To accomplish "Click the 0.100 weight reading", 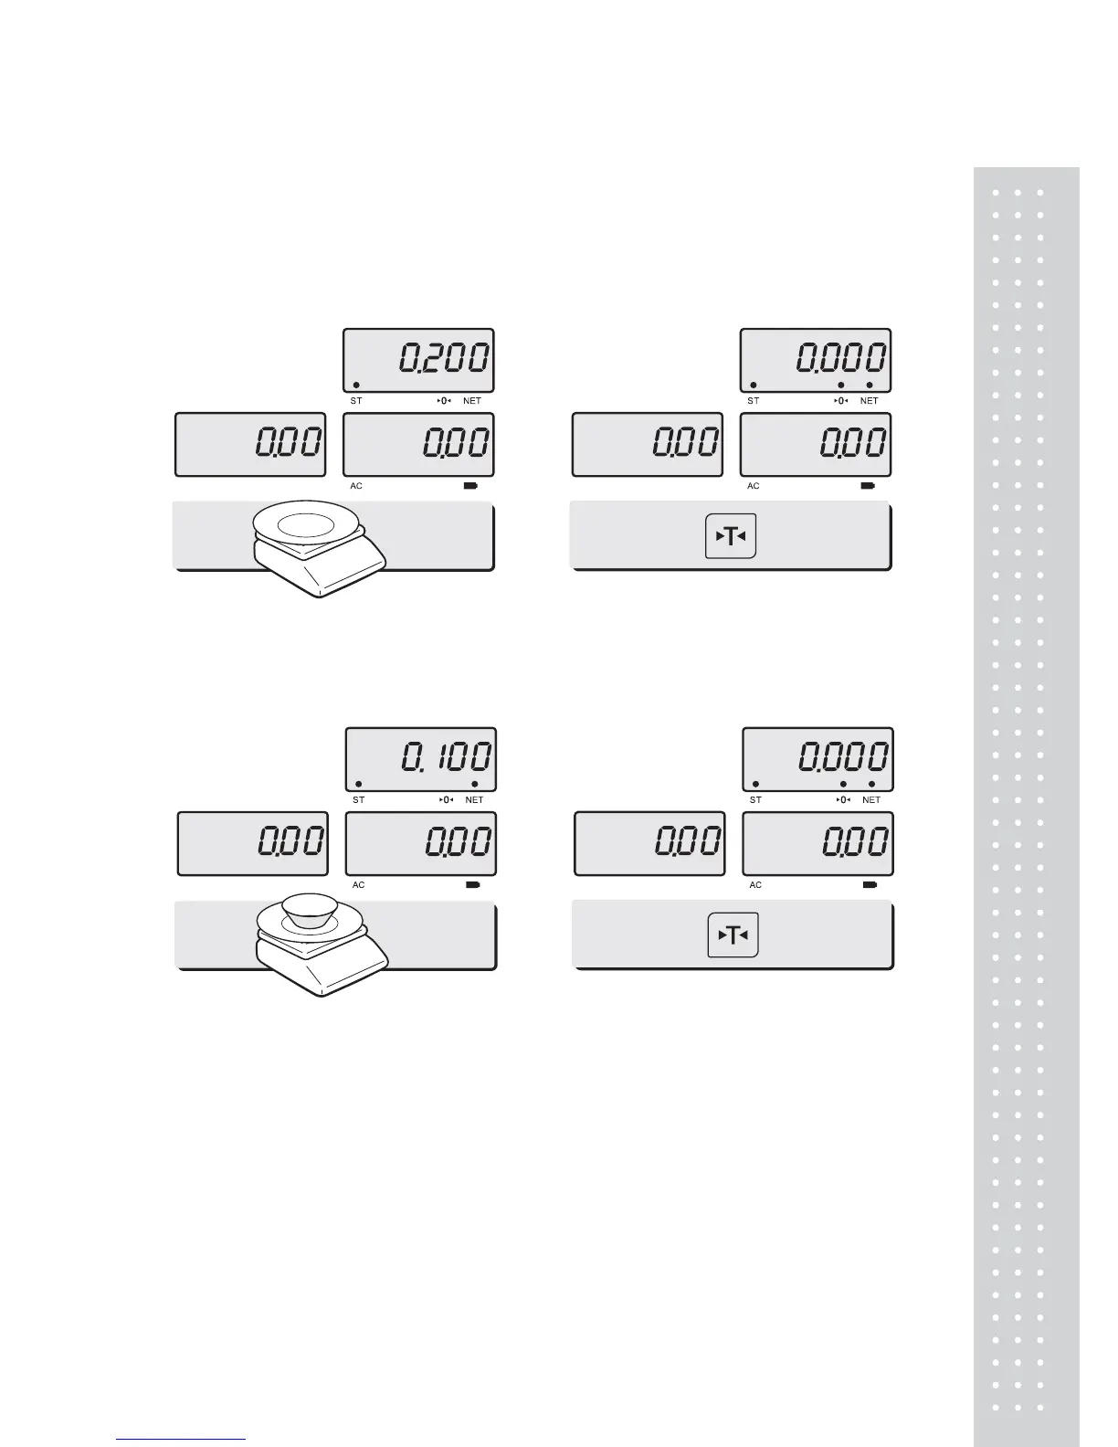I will tap(447, 757).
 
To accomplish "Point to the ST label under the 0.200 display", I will tap(356, 401).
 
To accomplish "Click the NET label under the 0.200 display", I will tap(472, 401).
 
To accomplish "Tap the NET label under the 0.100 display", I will tap(474, 800).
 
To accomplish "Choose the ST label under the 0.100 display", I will tap(358, 800).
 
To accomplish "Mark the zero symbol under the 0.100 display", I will tap(446, 800).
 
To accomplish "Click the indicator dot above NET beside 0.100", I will tap(475, 784).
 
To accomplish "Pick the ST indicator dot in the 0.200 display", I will tap(356, 385).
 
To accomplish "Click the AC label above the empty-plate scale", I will tap(356, 486).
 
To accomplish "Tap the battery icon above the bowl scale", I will tap(473, 885).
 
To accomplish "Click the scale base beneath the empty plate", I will tap(320, 571).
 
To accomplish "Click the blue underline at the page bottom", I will tap(182, 1440).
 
